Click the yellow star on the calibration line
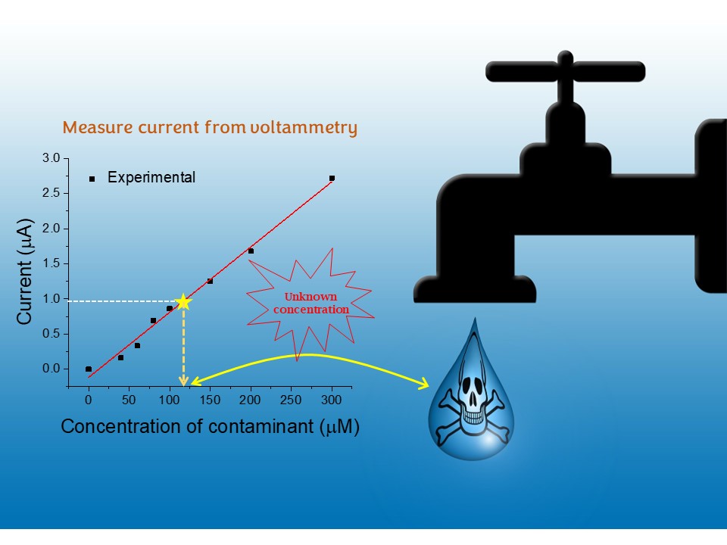[183, 301]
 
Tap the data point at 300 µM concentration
[332, 178]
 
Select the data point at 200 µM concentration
[251, 251]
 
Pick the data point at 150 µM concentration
[210, 281]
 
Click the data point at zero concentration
[89, 369]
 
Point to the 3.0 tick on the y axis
[51, 157]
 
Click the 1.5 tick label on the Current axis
[51, 263]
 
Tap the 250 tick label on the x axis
[291, 400]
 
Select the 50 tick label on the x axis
[129, 400]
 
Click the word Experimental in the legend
[151, 178]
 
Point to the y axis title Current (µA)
[24, 272]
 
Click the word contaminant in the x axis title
[259, 426]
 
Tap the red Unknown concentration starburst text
[311, 303]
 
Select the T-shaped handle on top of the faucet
[565, 72]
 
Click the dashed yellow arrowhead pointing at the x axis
[183, 381]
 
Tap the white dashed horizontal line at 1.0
[121, 301]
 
